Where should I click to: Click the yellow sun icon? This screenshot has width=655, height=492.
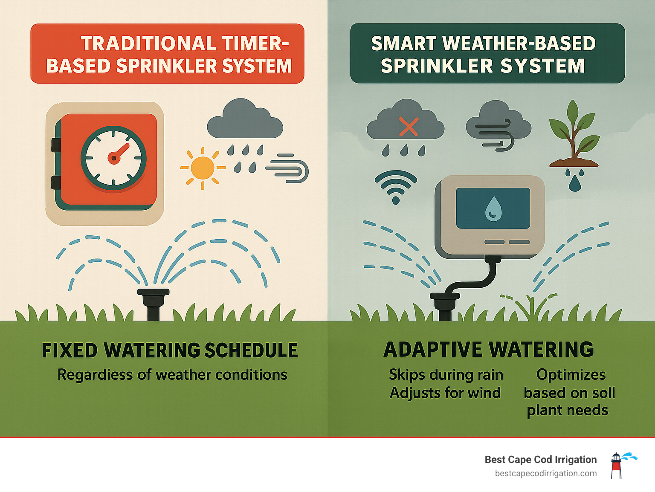coord(203,168)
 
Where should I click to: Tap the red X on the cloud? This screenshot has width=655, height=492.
coord(408,127)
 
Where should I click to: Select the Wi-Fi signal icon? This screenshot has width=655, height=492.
coord(396,187)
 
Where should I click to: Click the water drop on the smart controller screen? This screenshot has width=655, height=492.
coord(493,209)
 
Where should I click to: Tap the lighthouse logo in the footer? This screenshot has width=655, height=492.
coord(616,466)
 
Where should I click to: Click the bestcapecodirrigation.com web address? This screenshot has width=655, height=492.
coord(545,473)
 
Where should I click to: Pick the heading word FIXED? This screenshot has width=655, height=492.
coord(70,350)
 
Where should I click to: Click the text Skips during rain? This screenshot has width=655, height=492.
coord(446,374)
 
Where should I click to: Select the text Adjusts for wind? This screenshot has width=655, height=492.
coord(445,393)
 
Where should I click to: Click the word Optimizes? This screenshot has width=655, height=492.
coord(571,374)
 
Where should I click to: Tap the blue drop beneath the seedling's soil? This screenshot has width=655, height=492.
coord(575,184)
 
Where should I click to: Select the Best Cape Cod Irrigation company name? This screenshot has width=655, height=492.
coord(540,459)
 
